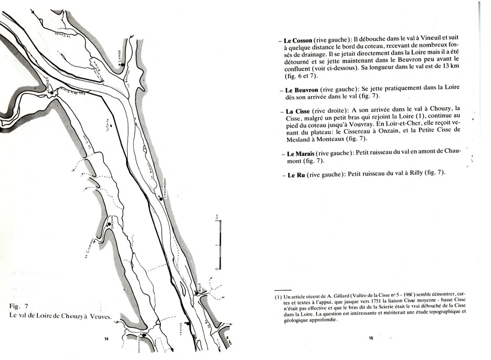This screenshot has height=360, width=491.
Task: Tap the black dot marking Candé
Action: tap(122, 65)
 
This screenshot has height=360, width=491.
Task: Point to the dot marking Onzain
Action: tap(109, 224)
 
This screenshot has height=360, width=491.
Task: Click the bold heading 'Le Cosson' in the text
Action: tap(298, 40)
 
